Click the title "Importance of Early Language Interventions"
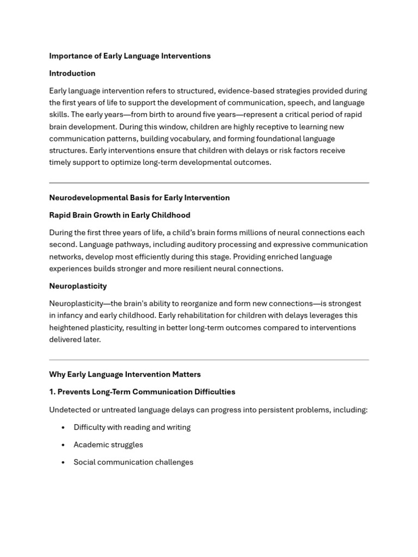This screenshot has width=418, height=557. click(x=130, y=56)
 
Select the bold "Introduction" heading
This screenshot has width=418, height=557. click(x=72, y=73)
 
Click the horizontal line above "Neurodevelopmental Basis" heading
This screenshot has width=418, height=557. click(x=209, y=183)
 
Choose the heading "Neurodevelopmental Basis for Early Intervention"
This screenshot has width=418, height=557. click(x=139, y=198)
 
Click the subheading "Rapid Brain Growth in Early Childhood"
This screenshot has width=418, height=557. click(x=120, y=215)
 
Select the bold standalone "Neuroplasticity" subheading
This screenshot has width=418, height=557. click(x=78, y=286)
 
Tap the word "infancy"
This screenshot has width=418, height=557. click(x=71, y=315)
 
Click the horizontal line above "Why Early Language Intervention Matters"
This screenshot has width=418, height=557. click(x=209, y=360)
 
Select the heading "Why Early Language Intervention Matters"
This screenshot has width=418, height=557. click(x=125, y=375)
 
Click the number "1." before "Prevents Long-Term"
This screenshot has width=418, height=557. click(x=52, y=392)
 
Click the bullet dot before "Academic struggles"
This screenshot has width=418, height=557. click(x=64, y=445)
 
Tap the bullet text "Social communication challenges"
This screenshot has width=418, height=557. click(x=133, y=462)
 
